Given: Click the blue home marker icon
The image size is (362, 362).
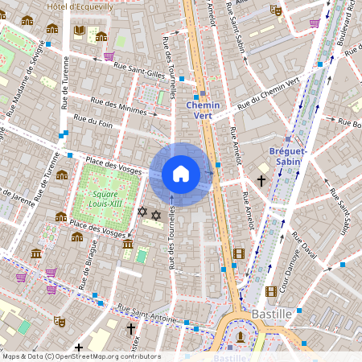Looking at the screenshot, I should coord(181,174).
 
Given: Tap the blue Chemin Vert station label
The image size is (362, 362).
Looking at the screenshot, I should coord(203,110).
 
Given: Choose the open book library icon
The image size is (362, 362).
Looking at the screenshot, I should coord(80,31).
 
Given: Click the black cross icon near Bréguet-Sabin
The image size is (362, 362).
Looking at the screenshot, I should coord(261,180).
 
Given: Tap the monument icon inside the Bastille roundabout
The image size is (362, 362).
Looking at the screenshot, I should coord(241,336).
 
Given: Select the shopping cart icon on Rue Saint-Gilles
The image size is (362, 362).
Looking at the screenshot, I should coord(109,56).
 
